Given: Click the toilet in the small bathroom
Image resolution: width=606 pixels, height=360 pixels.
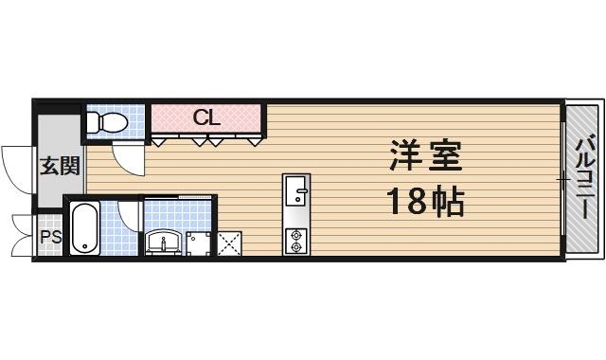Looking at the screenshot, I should [x=109, y=122].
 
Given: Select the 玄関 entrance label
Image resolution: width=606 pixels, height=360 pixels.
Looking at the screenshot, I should [x=58, y=167].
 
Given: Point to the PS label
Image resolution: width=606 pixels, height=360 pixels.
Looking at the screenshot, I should [x=49, y=237].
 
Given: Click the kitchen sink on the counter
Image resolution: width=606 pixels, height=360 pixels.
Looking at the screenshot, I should [x=296, y=189].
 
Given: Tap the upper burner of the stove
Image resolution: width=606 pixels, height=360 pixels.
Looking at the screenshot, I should [x=296, y=234].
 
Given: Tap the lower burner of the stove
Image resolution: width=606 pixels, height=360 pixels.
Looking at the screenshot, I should [x=296, y=246].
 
